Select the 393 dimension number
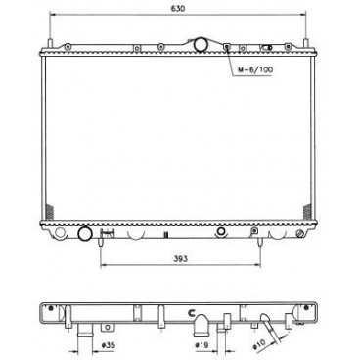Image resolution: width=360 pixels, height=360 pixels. coord(178,259)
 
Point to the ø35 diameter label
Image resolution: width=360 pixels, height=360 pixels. coord(86,343)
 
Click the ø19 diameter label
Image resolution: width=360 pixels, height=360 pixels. coord(202,343)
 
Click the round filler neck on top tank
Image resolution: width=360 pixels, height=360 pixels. coord(202,44)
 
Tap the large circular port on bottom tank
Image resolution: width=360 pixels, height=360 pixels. coord(84,234)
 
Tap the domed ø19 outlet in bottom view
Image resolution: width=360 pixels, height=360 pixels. coord(202,319)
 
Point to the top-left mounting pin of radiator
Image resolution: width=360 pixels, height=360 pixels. coord(46,42)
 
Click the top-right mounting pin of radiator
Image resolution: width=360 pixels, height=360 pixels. coord(312,42)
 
